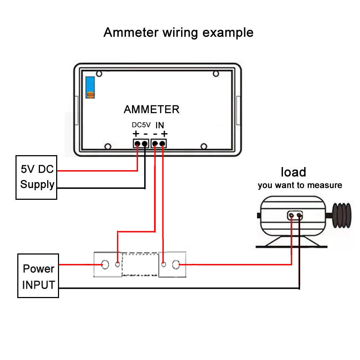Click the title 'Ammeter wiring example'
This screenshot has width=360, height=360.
point(179,33)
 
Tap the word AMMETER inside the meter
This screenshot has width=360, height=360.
point(152,109)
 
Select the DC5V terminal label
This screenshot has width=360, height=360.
point(141,125)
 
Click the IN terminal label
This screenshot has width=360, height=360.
point(160,125)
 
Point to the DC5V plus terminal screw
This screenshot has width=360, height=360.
point(137,144)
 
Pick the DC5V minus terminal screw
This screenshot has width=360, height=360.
point(145,144)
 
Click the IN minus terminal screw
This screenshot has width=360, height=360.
point(155,144)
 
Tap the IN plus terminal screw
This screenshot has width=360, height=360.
point(162,144)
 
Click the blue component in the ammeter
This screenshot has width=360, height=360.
point(90,87)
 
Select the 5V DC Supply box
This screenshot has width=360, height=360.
point(36,177)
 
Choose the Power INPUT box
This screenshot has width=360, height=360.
point(38,276)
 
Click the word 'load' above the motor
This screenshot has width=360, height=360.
point(293,172)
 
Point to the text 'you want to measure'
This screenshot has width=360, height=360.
point(300,185)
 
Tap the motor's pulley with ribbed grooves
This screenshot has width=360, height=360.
point(342,215)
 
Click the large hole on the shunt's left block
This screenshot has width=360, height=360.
point(105,265)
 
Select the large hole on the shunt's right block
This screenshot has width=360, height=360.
point(176,265)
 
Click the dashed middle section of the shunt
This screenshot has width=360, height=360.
point(140,264)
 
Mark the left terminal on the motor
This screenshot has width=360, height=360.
point(291,215)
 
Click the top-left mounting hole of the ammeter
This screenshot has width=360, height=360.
point(99,74)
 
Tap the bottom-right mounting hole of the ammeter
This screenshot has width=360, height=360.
point(204,146)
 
